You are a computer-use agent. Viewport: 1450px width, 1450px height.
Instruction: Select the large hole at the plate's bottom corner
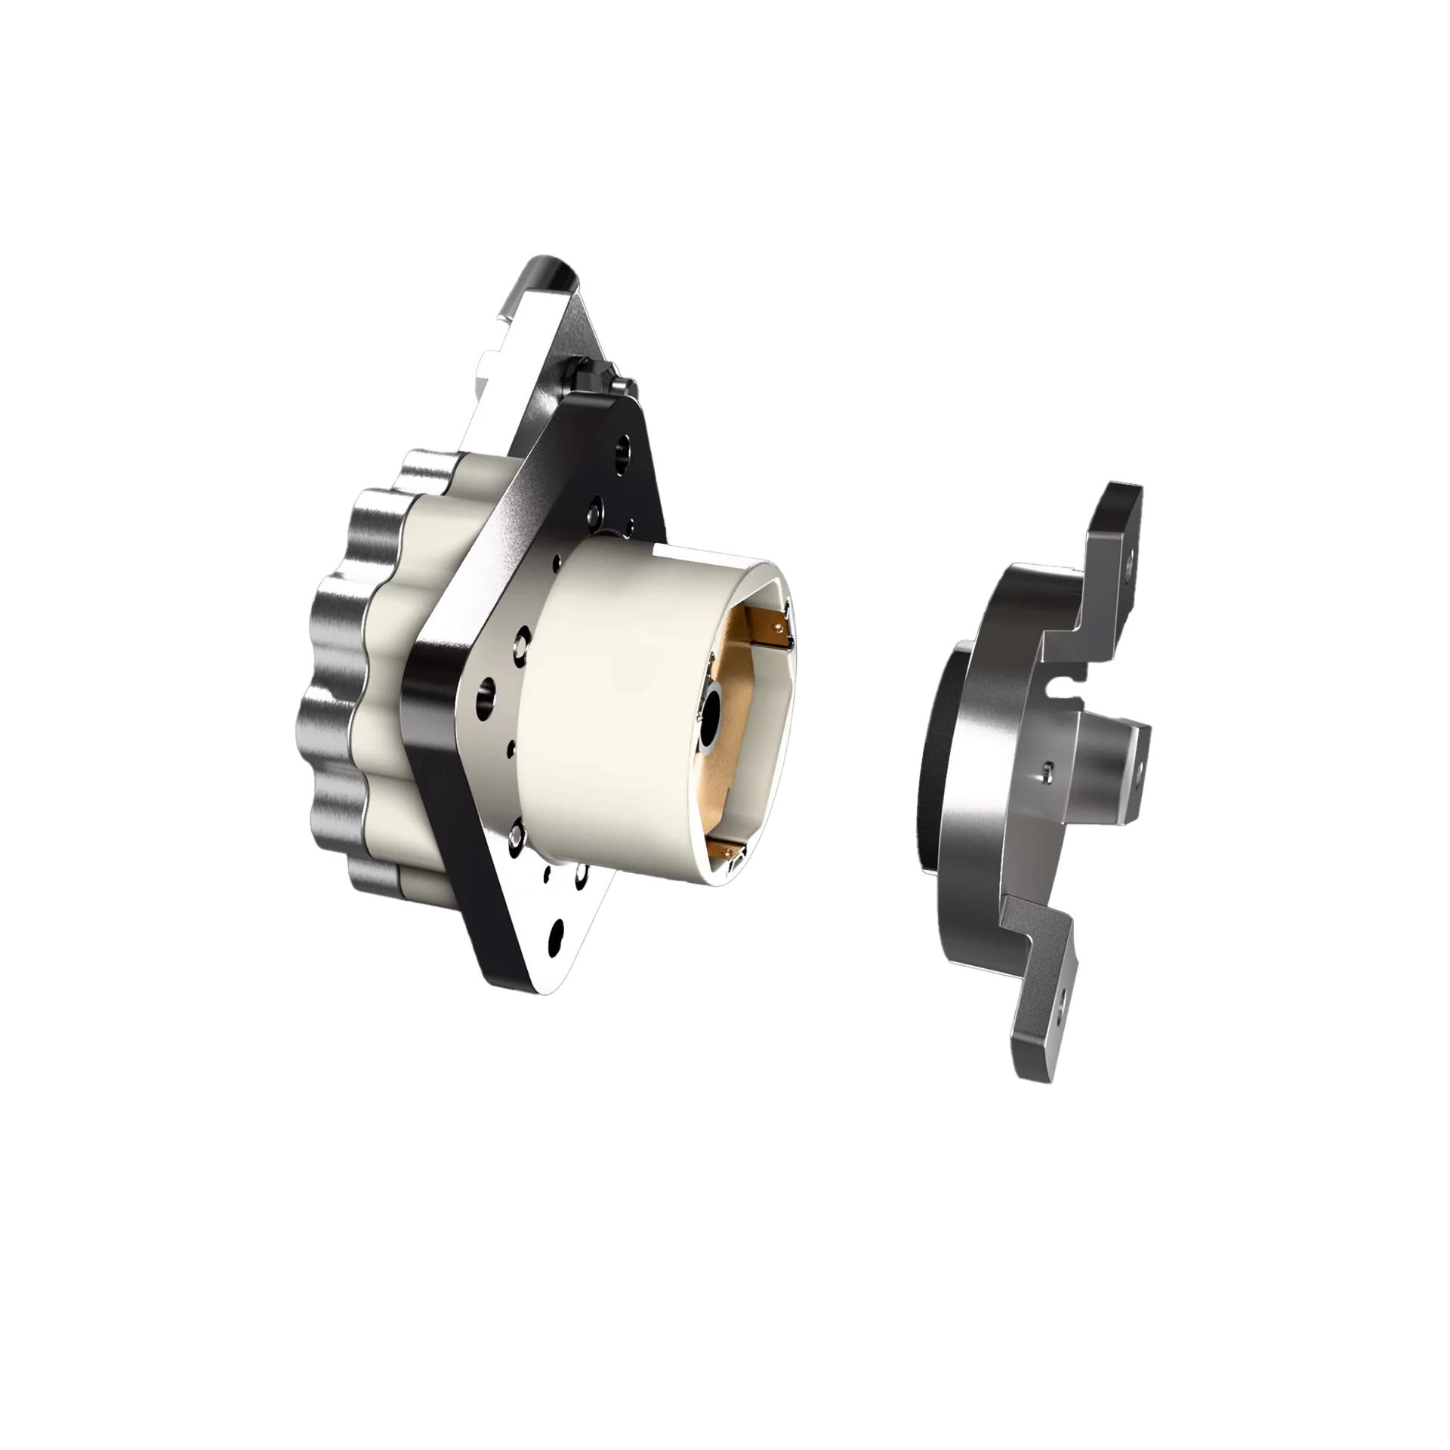point(559,930)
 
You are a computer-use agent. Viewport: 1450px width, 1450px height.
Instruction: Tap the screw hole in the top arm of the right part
point(1128,563)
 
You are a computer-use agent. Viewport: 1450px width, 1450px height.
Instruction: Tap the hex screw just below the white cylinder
point(517,836)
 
